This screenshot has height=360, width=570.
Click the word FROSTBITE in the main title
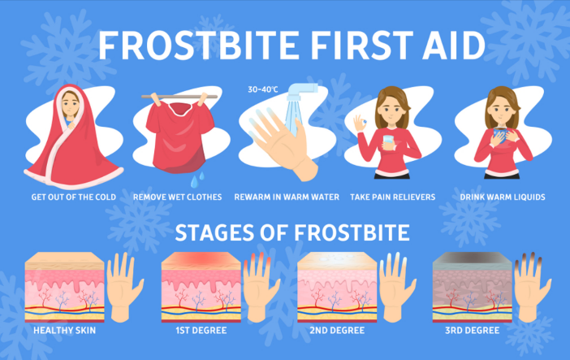[x=199, y=46]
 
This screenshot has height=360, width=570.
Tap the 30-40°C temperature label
[x=263, y=89]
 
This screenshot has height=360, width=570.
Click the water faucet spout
[x=302, y=91]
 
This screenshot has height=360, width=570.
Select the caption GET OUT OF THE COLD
[x=73, y=197]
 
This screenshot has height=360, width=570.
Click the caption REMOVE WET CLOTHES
[x=177, y=197]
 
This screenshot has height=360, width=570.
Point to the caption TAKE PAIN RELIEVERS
[x=393, y=197]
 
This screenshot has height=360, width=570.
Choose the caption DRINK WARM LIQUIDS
[x=503, y=197]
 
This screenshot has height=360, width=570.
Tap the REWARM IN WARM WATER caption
[x=287, y=197]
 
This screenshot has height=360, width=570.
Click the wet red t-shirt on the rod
[x=179, y=137]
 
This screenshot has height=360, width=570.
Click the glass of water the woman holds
[x=388, y=142]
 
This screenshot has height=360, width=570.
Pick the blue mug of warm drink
[x=499, y=135]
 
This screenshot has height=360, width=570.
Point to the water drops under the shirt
[x=197, y=179]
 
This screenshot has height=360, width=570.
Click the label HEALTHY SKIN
[x=65, y=330]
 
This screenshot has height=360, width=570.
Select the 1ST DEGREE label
[x=201, y=330]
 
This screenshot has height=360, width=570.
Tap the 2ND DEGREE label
[x=337, y=330]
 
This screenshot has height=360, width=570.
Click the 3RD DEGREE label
[x=473, y=330]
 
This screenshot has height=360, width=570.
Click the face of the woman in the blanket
[x=70, y=105]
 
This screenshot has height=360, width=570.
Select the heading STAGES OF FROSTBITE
[x=292, y=232]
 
